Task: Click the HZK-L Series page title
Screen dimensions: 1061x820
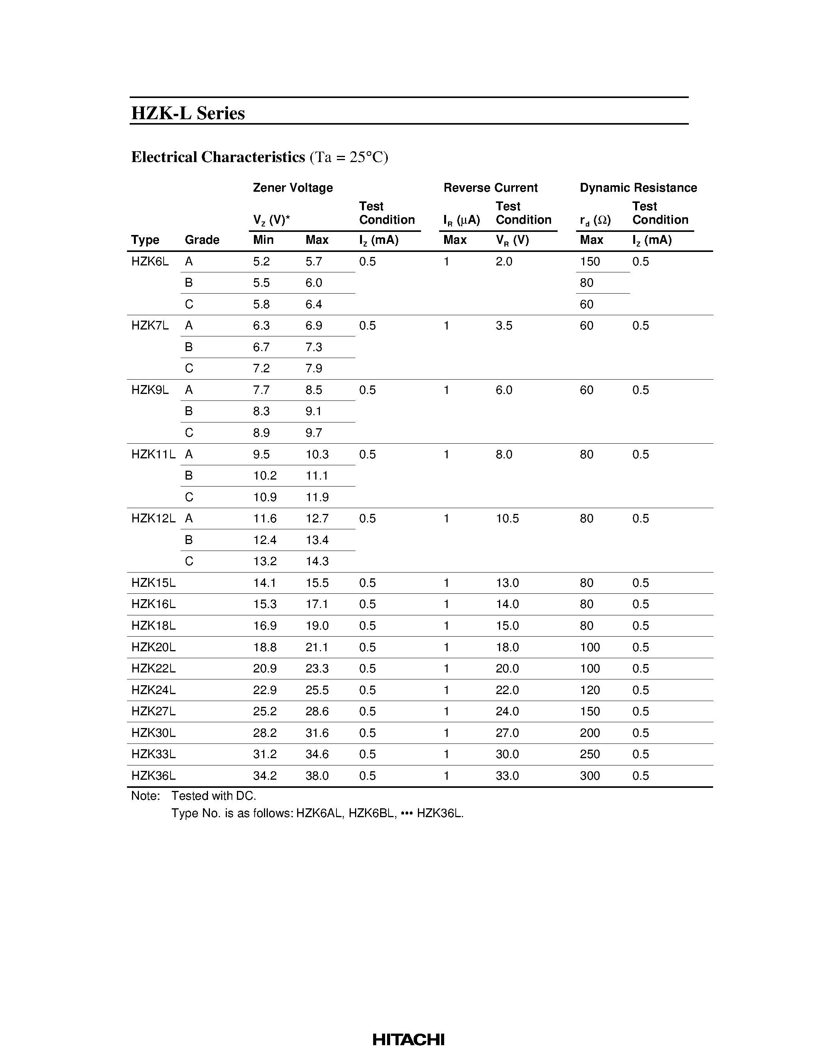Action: coord(188,113)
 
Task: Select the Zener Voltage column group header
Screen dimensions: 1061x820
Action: coord(292,188)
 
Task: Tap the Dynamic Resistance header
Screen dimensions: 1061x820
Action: coord(638,188)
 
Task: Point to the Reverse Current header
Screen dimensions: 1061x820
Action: coord(490,188)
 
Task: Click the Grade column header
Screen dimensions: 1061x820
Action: coord(202,240)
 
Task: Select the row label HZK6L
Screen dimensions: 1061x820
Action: coord(150,261)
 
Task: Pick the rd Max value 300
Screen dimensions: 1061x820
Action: coord(590,776)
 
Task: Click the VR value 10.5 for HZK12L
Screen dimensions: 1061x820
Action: coord(507,519)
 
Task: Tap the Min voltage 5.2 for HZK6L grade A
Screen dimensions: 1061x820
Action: coord(261,261)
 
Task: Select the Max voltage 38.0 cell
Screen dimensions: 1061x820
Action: coord(317,776)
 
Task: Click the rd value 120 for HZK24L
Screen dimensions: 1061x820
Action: coord(590,690)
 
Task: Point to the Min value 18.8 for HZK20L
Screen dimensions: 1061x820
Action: coord(265,647)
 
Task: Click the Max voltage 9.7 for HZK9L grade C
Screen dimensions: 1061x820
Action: coord(313,433)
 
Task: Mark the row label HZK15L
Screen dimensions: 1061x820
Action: coord(153,583)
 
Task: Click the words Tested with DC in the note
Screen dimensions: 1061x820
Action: coord(213,796)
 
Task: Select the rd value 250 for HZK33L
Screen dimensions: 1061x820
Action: coord(590,754)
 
